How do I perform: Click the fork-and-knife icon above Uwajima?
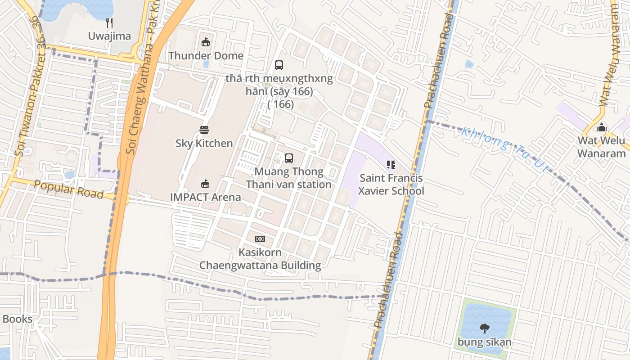(x=109, y=22)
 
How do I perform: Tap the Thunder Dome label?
(x=206, y=56)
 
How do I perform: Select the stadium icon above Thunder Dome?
(x=206, y=42)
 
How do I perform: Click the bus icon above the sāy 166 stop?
(x=279, y=65)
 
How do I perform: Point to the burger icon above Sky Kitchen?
(x=204, y=130)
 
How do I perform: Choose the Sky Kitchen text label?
(x=204, y=144)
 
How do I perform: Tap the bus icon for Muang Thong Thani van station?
(x=289, y=158)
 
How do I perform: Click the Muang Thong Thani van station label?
(x=289, y=178)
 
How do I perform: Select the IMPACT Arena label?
(x=205, y=197)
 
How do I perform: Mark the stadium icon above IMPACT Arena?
(x=205, y=184)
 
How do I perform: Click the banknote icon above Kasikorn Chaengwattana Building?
(x=260, y=239)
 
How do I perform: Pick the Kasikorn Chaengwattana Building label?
(x=260, y=259)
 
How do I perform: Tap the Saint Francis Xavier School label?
(x=391, y=184)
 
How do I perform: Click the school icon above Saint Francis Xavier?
(x=391, y=165)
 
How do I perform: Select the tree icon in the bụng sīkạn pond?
(x=485, y=328)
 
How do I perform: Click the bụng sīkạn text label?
(x=485, y=342)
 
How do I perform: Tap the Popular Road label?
(x=69, y=189)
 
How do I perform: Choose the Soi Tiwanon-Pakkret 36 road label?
(x=31, y=85)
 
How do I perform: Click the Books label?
(x=17, y=319)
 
